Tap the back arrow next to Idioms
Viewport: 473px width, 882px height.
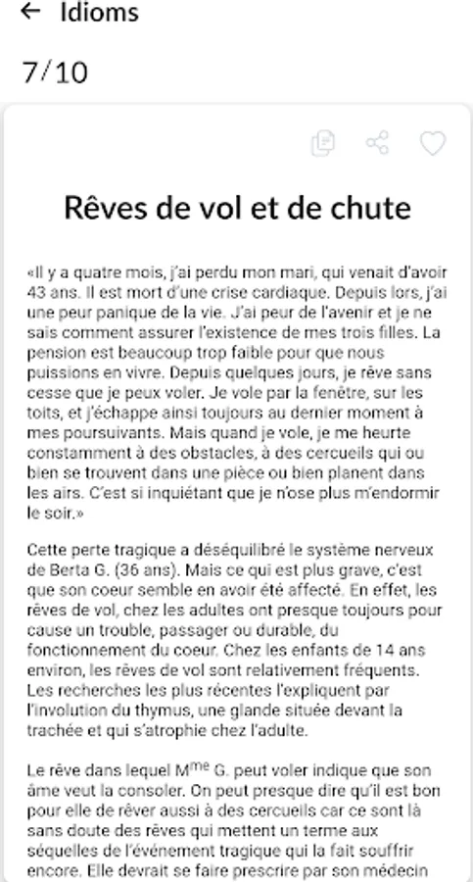point(30,13)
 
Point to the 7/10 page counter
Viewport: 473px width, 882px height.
point(55,73)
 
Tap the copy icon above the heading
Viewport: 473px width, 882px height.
point(322,143)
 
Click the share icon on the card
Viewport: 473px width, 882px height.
point(378,143)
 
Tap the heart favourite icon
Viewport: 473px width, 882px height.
point(433,143)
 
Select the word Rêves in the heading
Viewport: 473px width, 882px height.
point(103,208)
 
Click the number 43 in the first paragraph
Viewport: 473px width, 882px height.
point(39,291)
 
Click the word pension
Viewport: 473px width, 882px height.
point(58,354)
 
